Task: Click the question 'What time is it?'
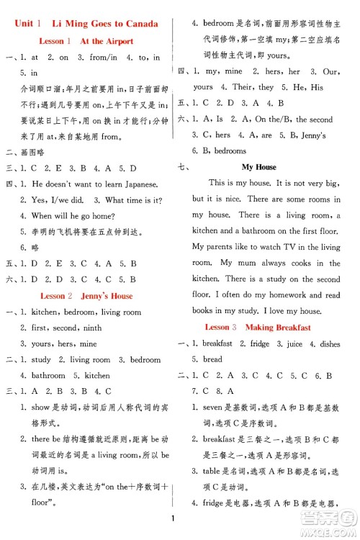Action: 134,200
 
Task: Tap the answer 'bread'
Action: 213,359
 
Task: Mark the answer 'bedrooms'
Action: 230,150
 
